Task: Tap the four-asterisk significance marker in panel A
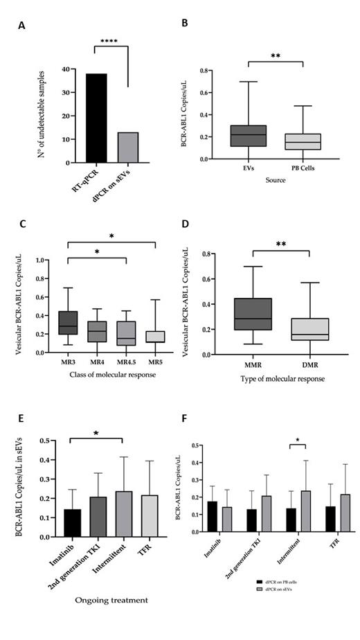coord(107,42)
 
